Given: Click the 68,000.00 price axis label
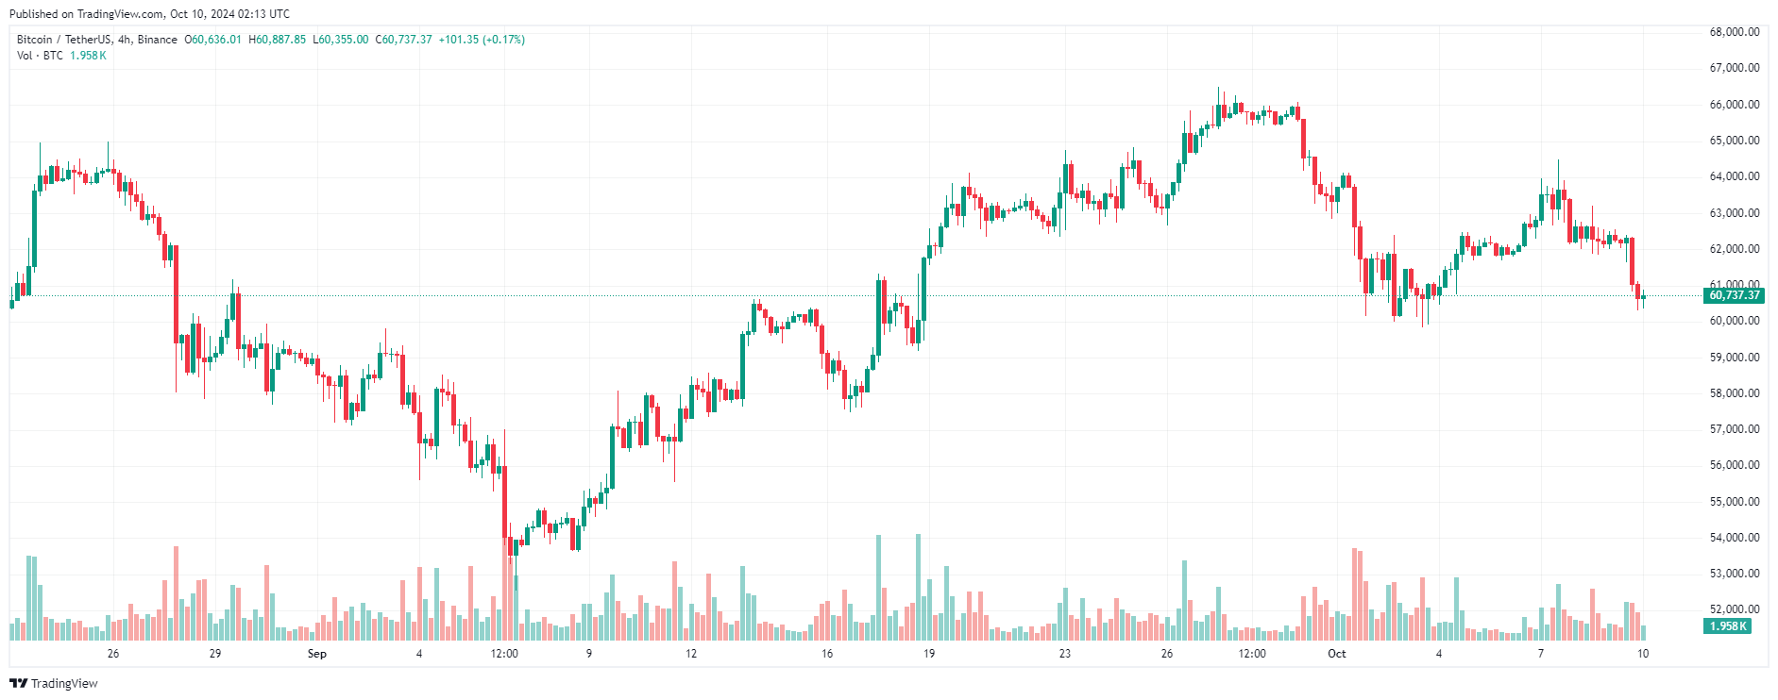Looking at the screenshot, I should tap(1735, 32).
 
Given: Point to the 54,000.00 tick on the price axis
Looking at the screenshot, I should tap(1735, 538).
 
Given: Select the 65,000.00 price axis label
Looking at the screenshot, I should tap(1735, 141).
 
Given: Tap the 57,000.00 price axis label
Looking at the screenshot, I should tap(1735, 429).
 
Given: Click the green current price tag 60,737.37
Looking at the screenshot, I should tap(1735, 295).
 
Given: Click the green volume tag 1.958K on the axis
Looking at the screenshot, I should tap(1728, 626).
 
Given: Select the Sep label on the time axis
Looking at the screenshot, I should tap(317, 654).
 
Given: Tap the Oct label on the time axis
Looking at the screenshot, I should tap(1336, 654).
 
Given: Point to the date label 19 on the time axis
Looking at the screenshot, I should tap(929, 654).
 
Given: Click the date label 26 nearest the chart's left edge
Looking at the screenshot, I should tap(113, 654).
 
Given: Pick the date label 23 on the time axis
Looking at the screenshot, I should tap(1065, 654).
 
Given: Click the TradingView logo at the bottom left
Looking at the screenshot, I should tap(54, 683).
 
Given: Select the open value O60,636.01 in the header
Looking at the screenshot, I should tap(213, 40).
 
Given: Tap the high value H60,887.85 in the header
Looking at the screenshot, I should tap(278, 40).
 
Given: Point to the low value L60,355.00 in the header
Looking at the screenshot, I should tap(341, 40).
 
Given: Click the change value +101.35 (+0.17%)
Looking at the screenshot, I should tap(482, 40).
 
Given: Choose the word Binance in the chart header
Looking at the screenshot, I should tap(157, 40).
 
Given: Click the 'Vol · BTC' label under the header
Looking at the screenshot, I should tap(40, 56).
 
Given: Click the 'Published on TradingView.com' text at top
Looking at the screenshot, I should tap(87, 14).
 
